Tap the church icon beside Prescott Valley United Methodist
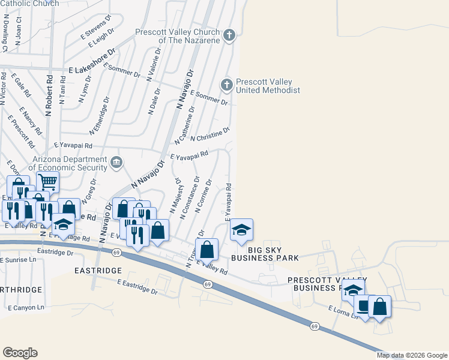(227, 85)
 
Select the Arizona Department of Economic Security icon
(117, 161)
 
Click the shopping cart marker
(47, 181)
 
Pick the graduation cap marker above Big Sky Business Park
(241, 230)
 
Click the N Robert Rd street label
(49, 95)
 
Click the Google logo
(20, 353)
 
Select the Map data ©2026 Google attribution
(411, 355)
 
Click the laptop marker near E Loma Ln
(363, 307)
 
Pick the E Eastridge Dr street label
(137, 287)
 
